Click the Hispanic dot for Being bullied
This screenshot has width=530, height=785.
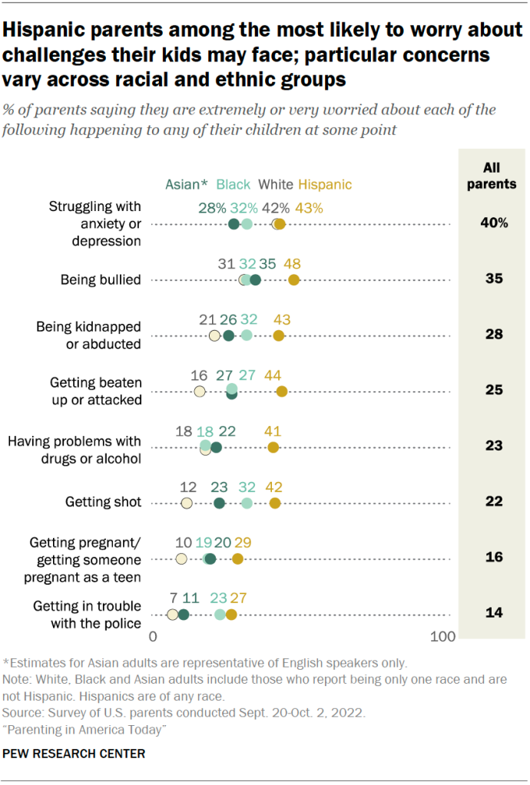coord(293,279)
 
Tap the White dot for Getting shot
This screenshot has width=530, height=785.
coord(187,503)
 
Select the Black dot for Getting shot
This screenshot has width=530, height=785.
coord(247,503)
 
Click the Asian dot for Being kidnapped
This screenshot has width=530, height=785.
coord(228,336)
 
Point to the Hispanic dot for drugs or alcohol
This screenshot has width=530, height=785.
coord(273,447)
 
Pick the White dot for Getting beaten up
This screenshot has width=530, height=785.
coord(199,391)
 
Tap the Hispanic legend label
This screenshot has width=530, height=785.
coord(325,184)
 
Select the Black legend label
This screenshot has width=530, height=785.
coord(234,184)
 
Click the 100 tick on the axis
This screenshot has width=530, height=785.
coord(442,637)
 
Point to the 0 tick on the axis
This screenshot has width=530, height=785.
coord(153,637)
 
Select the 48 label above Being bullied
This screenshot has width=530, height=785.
coord(292,263)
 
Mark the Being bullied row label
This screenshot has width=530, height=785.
coord(101,279)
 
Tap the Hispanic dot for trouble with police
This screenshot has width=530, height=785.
coord(231,614)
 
